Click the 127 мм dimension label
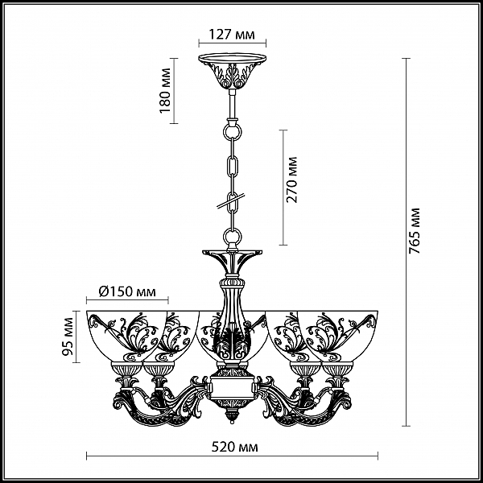pos(233,35)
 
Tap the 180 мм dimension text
pos(165,90)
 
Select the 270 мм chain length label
pos(291,180)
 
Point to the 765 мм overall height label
pos(415,231)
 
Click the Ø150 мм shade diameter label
pos(127,291)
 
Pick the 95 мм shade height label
pos(68,336)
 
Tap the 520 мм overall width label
pos(235,447)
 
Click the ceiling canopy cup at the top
pos(233,72)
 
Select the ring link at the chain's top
pos(233,131)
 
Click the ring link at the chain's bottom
pos(233,237)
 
